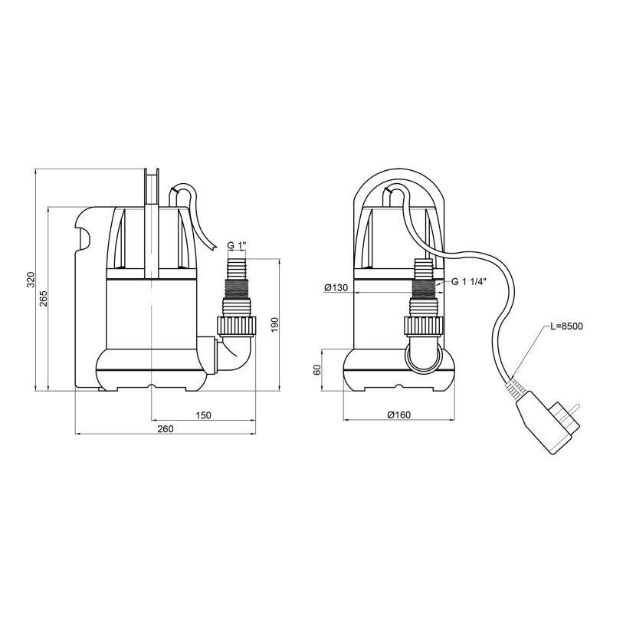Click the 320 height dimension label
(31, 280)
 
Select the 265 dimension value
(44, 298)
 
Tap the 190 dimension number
(275, 325)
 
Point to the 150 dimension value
(203, 415)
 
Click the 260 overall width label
(166, 429)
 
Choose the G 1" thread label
(238, 245)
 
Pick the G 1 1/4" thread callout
(469, 282)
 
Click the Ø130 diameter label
(336, 287)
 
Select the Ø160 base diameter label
(399, 415)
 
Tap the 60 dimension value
(316, 370)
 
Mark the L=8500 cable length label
(566, 326)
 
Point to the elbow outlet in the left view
(238, 354)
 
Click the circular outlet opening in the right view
(424, 358)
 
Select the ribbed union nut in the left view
(238, 326)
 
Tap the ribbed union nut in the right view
(424, 326)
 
